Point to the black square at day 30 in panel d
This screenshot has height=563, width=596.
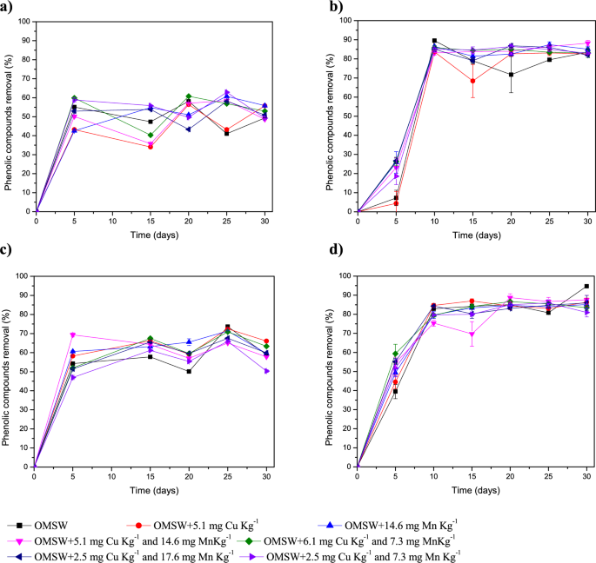tap(586, 286)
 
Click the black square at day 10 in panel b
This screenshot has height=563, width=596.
tap(434, 41)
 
